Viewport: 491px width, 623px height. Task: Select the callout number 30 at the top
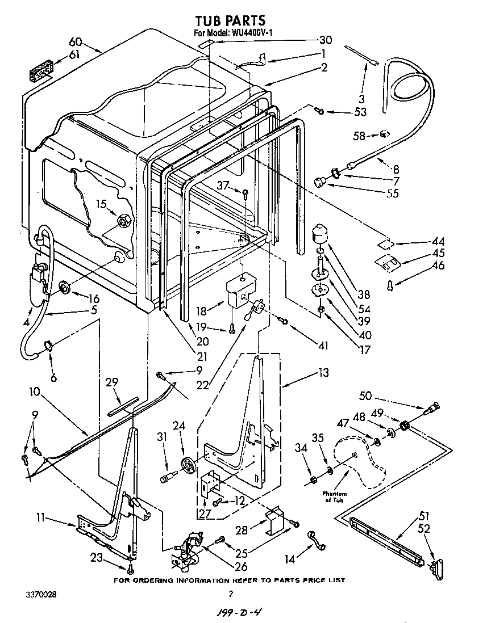click(x=325, y=40)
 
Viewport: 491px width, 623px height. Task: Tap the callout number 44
click(x=438, y=242)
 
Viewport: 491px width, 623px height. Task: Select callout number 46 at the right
click(x=438, y=266)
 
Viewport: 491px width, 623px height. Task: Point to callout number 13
click(x=323, y=372)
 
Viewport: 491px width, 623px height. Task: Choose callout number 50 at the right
click(x=365, y=395)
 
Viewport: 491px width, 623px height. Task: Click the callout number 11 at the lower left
click(x=40, y=517)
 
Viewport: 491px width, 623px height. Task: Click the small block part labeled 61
click(x=40, y=73)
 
